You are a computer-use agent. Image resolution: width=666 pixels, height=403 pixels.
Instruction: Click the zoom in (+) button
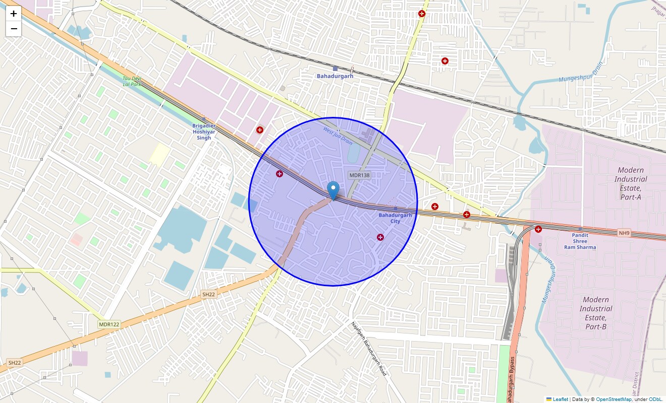point(14,14)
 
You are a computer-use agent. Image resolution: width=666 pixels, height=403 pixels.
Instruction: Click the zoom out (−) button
point(14,29)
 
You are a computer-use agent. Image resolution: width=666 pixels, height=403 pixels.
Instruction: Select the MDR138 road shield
point(359,175)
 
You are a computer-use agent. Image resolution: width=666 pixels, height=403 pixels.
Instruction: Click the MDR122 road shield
point(109,324)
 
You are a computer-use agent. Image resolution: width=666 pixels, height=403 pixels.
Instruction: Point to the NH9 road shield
point(624,233)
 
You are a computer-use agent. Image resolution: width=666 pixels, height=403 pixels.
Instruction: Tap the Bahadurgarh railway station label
point(335,76)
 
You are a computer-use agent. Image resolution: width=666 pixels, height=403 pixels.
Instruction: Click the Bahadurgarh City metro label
point(395,218)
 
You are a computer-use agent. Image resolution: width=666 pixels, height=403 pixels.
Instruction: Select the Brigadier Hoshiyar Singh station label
point(204,131)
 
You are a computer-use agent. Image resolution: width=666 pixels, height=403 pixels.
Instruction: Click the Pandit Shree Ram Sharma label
point(580,241)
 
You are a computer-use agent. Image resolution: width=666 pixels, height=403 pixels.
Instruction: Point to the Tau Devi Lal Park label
point(133,81)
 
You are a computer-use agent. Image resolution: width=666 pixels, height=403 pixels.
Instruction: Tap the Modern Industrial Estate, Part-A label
point(631,183)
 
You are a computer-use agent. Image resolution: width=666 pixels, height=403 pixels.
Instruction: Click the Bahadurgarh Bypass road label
point(512,379)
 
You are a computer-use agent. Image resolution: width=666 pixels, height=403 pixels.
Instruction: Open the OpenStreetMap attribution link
point(614,399)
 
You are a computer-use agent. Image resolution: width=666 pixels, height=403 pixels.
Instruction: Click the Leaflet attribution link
point(560,399)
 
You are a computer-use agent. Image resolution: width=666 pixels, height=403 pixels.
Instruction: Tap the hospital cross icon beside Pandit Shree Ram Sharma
point(538,229)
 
